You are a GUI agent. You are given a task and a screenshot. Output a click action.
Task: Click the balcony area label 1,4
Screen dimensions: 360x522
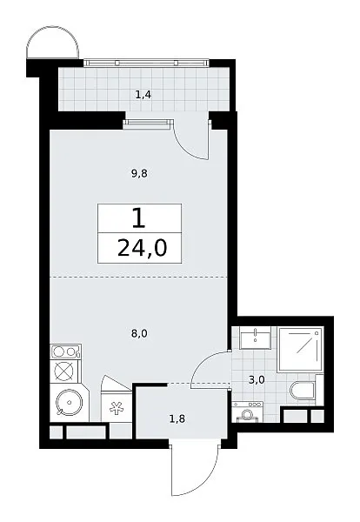[143, 95]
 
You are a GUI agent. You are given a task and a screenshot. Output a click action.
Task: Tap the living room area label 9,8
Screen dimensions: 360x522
[139, 173]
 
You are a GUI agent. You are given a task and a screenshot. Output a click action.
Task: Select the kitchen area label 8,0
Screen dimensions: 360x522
[139, 333]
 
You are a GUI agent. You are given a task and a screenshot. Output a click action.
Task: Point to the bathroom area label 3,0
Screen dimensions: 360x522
[257, 379]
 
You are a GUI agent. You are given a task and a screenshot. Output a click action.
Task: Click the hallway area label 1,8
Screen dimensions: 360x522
[177, 418]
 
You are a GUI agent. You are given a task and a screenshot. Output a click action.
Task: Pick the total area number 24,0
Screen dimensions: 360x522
[142, 248]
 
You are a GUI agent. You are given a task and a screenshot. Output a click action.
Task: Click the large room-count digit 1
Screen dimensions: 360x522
[139, 218]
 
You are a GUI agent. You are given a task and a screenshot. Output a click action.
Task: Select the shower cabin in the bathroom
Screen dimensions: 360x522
[300, 349]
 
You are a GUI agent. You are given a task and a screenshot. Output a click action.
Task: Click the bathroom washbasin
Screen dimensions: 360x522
[255, 338]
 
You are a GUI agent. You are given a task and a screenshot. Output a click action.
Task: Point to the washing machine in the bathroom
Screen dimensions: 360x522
[247, 412]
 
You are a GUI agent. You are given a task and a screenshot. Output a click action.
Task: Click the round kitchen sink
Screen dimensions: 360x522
[69, 403]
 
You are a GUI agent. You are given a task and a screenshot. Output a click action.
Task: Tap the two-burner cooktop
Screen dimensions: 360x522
[65, 351]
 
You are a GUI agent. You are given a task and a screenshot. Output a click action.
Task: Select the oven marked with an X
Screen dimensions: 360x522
[65, 371]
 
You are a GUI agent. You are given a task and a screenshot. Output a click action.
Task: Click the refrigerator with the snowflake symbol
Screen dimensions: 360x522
[117, 404]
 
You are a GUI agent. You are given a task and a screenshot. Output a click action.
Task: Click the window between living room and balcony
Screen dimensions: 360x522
[147, 124]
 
